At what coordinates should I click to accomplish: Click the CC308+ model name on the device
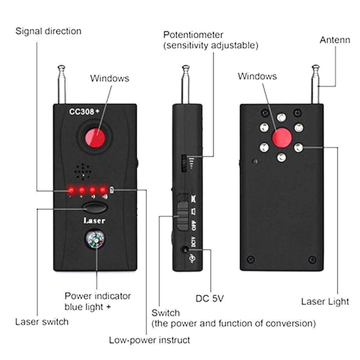pos(83,112)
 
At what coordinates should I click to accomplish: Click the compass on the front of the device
pos(95,240)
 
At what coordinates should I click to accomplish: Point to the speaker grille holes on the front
pos(83,171)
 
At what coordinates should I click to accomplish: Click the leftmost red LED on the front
pos(71,189)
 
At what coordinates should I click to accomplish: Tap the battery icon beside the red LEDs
pos(112,189)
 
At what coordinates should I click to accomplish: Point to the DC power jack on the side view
pos(184,250)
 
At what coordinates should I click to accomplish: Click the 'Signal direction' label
pos(48,31)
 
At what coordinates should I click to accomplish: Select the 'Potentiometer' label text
pos(193,35)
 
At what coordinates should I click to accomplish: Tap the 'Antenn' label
pos(334,40)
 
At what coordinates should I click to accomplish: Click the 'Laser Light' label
pos(325,302)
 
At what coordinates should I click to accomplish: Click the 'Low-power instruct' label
pos(149,340)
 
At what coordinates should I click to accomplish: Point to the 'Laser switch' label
pos(42,322)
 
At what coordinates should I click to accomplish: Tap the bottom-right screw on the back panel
pos(312,259)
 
